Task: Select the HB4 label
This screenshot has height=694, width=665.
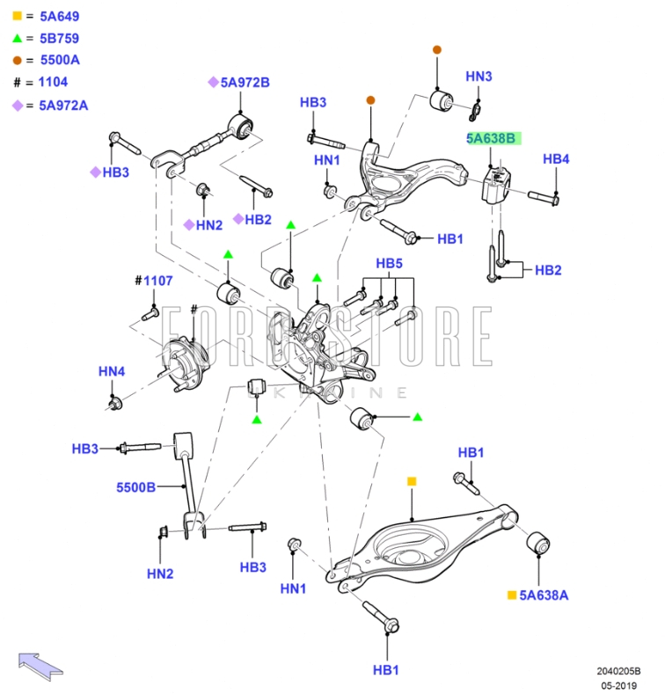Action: pyautogui.click(x=556, y=159)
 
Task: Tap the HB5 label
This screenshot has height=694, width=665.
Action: pyautogui.click(x=389, y=263)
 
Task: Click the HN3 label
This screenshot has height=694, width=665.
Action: pyautogui.click(x=479, y=77)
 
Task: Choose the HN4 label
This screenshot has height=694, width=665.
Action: pyautogui.click(x=112, y=371)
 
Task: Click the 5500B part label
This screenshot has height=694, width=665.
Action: pyautogui.click(x=135, y=486)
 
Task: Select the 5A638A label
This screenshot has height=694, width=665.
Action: pyautogui.click(x=544, y=595)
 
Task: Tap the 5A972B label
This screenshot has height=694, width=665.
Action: pyautogui.click(x=245, y=83)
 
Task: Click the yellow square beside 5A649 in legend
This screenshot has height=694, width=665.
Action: pyautogui.click(x=17, y=16)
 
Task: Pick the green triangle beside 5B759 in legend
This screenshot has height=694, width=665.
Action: pyautogui.click(x=17, y=38)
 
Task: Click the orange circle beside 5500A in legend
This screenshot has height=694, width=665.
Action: pyautogui.click(x=17, y=60)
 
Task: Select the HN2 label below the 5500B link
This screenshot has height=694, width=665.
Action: pyautogui.click(x=160, y=573)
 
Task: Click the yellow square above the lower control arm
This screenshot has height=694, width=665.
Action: pyautogui.click(x=411, y=481)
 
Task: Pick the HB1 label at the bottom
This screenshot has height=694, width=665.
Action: pyautogui.click(x=385, y=669)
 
